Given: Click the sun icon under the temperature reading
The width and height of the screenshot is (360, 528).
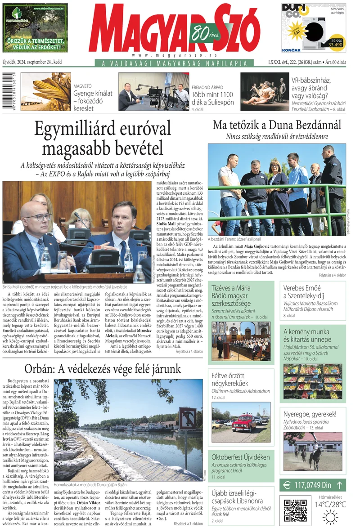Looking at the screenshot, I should pos(330,517).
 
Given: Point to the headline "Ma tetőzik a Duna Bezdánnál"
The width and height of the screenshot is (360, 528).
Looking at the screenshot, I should pos(277,125).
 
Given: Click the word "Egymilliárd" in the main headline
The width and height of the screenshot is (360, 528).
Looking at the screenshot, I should pos(72,129).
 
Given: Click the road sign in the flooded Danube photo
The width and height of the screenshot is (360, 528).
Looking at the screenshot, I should pos(187,418).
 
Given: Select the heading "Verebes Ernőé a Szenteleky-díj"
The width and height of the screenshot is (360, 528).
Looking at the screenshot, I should pos(308,291).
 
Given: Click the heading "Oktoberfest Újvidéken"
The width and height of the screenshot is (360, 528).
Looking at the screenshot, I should pos(240,457).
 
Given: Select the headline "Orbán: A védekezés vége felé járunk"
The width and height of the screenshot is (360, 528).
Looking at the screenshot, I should pos(103,369).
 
